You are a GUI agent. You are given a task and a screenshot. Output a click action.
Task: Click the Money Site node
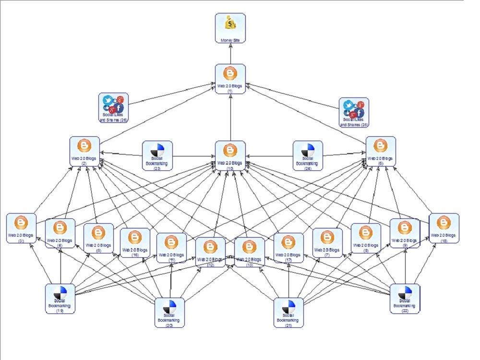point(230,28)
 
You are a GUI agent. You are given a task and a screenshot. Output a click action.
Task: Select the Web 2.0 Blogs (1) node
point(230,79)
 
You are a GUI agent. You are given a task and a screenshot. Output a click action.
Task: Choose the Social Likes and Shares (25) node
point(354,113)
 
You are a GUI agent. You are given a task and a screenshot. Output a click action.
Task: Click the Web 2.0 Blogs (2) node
point(84,151)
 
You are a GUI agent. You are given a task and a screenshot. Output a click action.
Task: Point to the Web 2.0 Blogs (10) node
point(230,156)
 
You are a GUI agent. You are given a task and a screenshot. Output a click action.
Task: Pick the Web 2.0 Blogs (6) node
point(381,151)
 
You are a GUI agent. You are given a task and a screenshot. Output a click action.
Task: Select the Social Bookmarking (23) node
point(157,156)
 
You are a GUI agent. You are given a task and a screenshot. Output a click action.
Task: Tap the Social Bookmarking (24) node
point(308,156)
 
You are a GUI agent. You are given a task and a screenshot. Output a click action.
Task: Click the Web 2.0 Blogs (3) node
point(21,228)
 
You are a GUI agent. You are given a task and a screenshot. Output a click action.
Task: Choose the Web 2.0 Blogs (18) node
point(444,228)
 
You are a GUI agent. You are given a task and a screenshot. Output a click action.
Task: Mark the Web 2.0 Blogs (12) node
point(210,252)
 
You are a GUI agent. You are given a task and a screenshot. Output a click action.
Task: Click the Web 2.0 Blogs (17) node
point(288,248)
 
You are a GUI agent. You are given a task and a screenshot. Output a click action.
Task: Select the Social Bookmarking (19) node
point(60,299)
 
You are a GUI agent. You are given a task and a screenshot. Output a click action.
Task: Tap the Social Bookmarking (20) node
point(169,312)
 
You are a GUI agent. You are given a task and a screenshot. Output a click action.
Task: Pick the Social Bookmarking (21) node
point(288,312)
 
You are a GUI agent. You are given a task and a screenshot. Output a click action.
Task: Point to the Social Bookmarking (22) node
point(405,299)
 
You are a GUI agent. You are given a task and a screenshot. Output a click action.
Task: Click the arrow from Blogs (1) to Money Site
point(230,53)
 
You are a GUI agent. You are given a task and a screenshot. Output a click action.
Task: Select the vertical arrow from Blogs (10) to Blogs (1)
point(230,118)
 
